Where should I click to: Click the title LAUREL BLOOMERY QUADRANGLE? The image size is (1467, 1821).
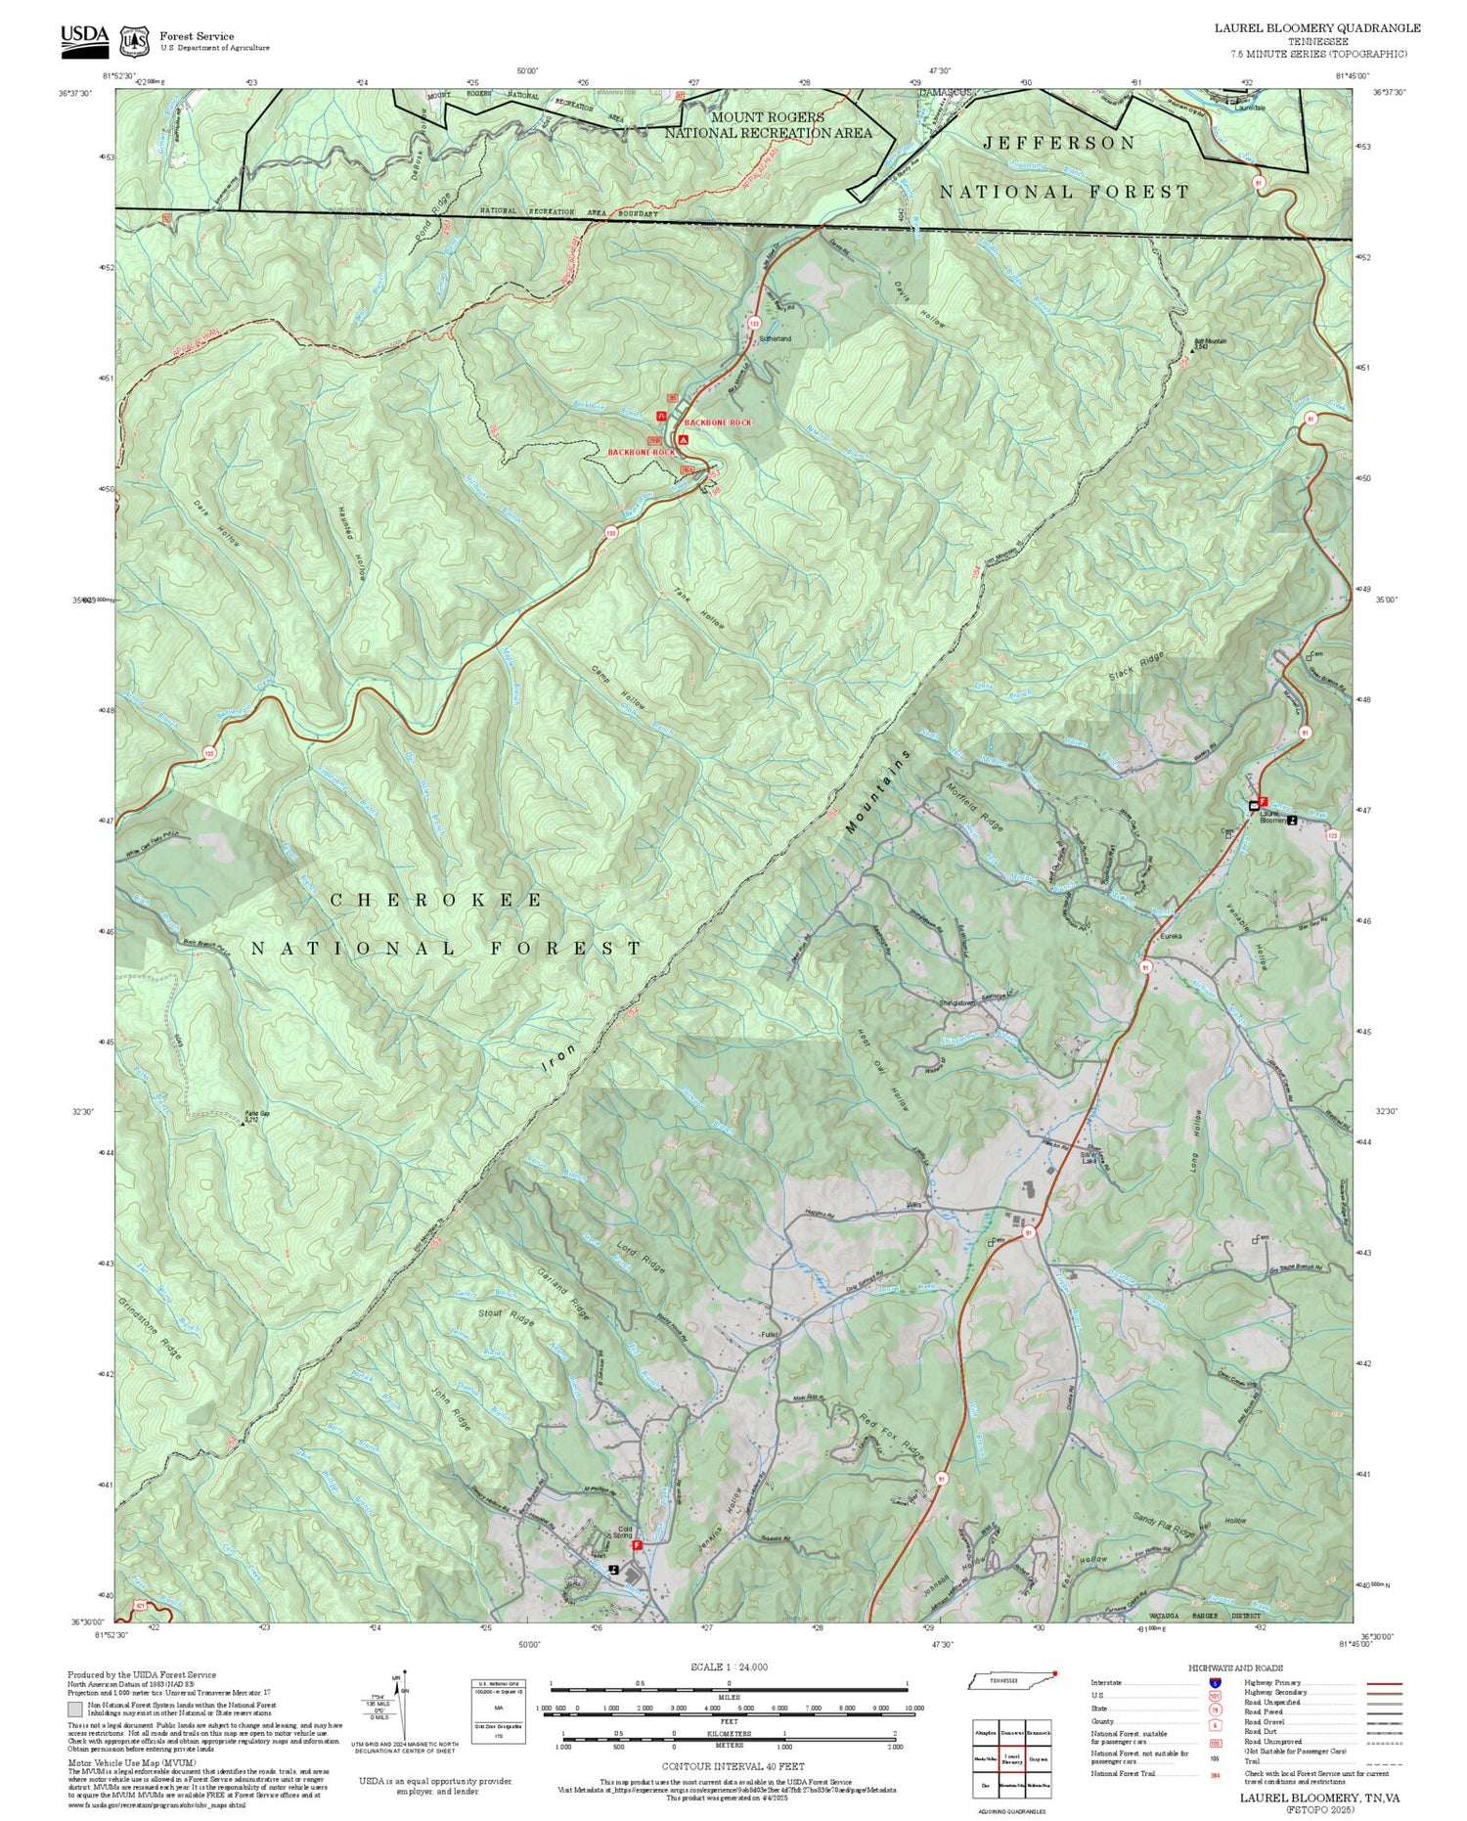tap(1317, 28)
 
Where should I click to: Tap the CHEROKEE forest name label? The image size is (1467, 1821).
tap(436, 901)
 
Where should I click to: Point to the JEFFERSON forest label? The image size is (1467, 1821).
tap(1059, 144)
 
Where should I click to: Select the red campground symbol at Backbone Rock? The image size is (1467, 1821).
tap(684, 440)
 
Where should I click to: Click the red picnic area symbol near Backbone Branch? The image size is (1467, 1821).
tap(661, 417)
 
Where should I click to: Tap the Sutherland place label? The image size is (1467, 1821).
tap(775, 338)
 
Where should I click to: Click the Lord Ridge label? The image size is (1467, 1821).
tap(641, 1258)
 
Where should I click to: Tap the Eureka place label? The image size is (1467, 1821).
tap(1171, 936)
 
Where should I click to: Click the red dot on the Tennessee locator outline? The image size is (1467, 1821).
tap(1055, 1672)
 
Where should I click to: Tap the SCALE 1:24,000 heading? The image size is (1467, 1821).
tap(729, 1666)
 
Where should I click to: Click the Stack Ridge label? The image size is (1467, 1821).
tap(1137, 667)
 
